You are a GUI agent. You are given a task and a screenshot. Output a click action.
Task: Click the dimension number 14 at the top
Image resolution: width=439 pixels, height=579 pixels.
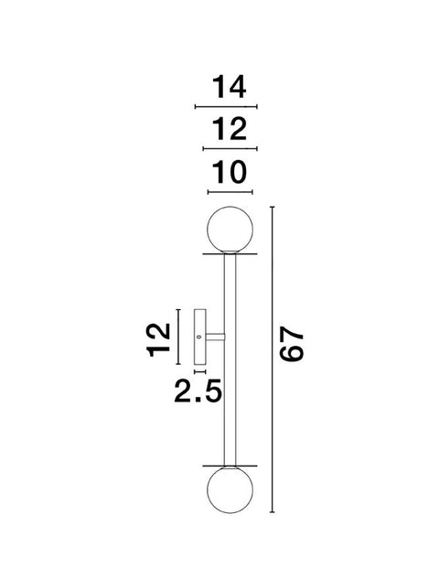click(229, 87)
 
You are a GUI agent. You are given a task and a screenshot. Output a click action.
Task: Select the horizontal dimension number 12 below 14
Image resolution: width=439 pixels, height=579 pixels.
click(230, 129)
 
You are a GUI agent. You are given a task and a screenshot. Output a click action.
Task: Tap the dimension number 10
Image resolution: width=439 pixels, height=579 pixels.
click(230, 172)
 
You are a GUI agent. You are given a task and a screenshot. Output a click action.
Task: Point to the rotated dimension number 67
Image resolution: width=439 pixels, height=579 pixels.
click(292, 344)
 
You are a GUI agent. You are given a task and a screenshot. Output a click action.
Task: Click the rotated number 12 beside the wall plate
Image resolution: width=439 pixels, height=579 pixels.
click(158, 339)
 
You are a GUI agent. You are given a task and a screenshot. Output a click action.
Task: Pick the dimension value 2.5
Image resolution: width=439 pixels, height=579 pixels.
click(198, 391)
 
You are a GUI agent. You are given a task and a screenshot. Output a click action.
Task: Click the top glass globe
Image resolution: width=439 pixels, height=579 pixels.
click(230, 230)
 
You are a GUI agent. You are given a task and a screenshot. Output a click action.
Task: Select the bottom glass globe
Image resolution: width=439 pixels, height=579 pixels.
click(230, 490)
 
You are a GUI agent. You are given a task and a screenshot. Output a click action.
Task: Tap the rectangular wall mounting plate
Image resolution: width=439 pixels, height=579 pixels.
click(199, 337)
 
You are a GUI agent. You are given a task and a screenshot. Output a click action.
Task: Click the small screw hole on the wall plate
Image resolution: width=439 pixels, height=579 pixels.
click(199, 337)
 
